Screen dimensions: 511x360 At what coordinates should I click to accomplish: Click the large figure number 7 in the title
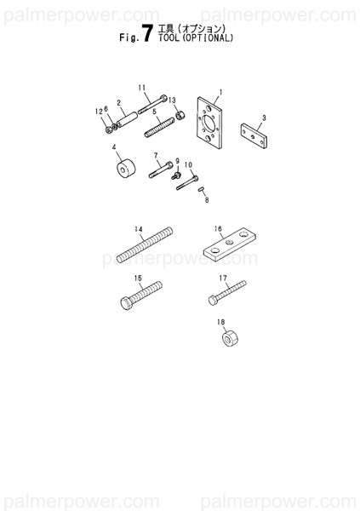click(x=146, y=34)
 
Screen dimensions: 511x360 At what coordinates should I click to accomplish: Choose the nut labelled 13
click(x=180, y=115)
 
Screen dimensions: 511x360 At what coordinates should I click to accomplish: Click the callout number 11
click(x=141, y=87)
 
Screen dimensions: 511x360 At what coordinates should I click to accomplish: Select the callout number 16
click(x=218, y=228)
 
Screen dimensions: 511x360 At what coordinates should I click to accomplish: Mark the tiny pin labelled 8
click(x=202, y=191)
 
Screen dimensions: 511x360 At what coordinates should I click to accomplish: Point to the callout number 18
click(x=220, y=322)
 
